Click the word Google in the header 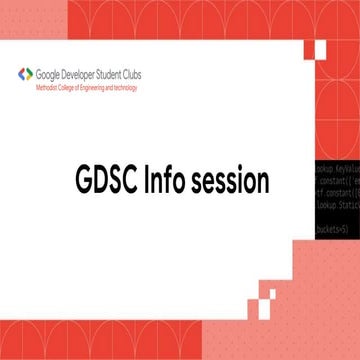[49, 73]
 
